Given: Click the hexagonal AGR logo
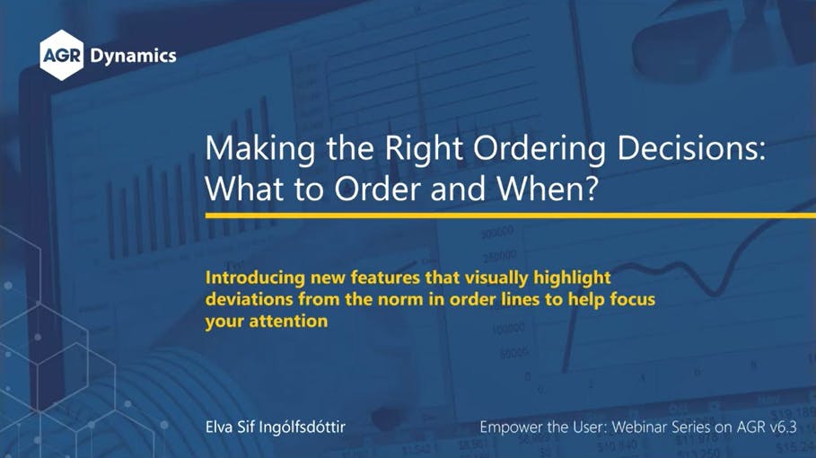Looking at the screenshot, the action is (x=61, y=55).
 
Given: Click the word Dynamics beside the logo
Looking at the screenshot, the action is (x=133, y=57).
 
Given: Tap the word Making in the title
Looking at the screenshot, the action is (x=260, y=149).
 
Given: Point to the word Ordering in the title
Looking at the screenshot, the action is (x=540, y=149).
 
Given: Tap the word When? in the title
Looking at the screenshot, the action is (x=547, y=189).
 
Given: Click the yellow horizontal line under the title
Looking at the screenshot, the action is (x=511, y=215).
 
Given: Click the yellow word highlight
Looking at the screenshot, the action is (x=572, y=277).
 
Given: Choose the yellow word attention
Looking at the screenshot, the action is (x=288, y=321).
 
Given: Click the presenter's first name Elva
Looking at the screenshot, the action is (x=218, y=427).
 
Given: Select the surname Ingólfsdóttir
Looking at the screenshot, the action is (x=302, y=427).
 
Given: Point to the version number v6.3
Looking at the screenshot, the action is (x=782, y=427).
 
